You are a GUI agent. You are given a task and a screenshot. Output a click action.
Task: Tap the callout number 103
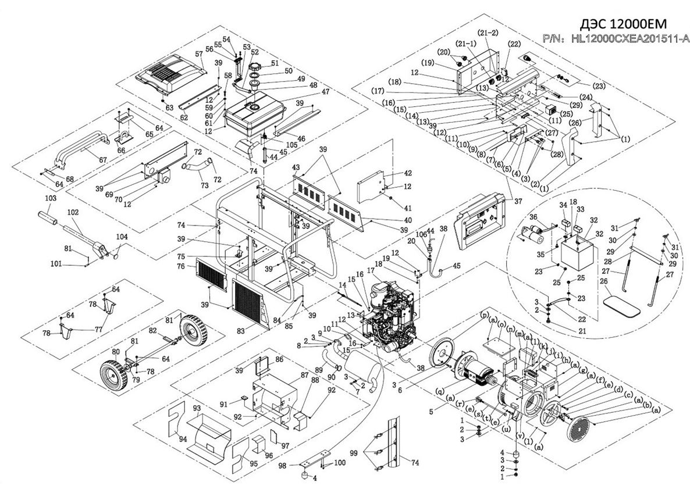[51, 198]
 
